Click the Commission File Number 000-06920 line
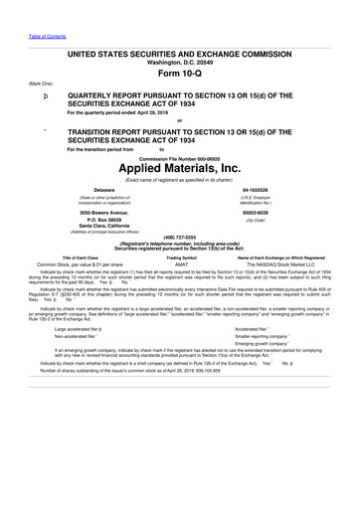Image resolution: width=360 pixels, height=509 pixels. [180, 157]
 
